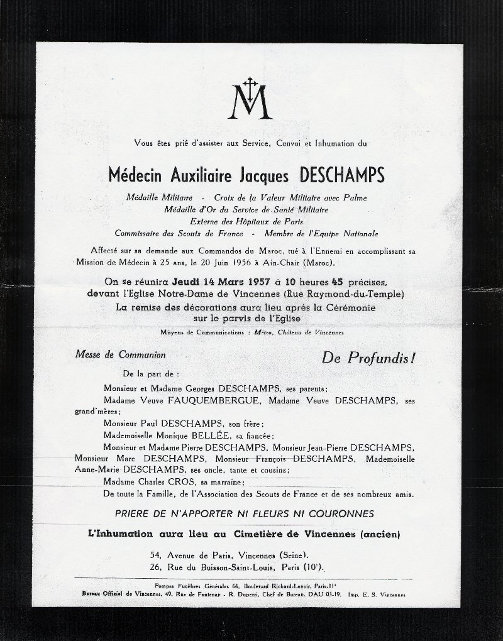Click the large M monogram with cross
(250, 100)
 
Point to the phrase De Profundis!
(368, 359)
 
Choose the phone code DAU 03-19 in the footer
(325, 594)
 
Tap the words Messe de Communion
(121, 355)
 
